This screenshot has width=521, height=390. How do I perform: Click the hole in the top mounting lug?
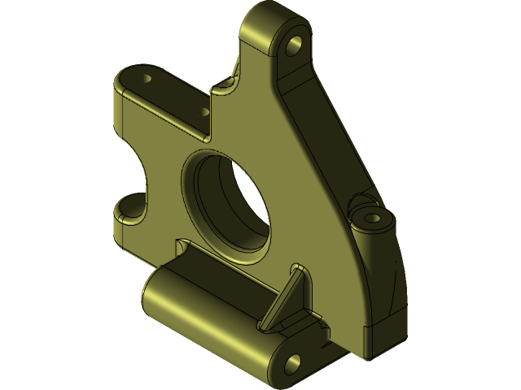point(296,41)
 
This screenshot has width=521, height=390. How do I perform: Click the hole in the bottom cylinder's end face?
point(292,360)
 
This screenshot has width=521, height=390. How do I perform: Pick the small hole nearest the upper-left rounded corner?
point(147,80)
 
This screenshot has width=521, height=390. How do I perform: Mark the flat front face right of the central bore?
point(301,219)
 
